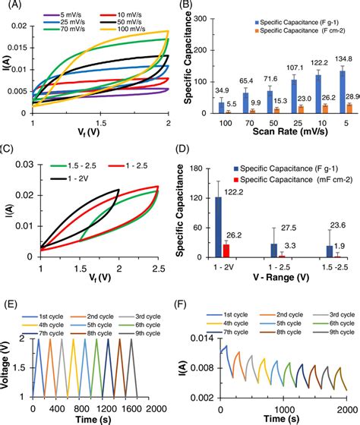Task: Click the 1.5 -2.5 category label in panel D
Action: pyautogui.click(x=333, y=268)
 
